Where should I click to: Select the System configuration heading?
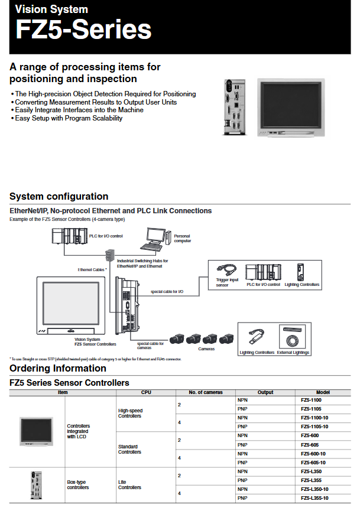[x=59, y=197]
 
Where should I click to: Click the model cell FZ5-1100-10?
[x=315, y=416]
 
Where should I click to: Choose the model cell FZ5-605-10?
[x=314, y=462]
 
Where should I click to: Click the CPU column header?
[x=146, y=392]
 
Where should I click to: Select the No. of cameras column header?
[x=206, y=392]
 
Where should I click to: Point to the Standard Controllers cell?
[x=129, y=450]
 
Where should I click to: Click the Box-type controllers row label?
[x=78, y=485]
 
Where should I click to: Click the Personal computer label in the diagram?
[x=182, y=239]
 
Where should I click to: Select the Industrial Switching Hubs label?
[x=142, y=263]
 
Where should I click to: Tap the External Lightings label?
[x=293, y=353]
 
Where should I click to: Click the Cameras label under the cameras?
[x=206, y=349]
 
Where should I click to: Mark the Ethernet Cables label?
[x=92, y=269]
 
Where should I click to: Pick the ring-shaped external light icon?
[x=293, y=341]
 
